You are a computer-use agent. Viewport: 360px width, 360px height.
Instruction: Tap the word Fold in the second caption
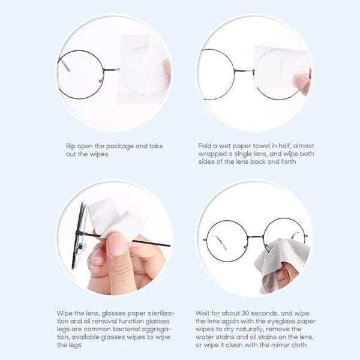pyautogui.click(x=205, y=146)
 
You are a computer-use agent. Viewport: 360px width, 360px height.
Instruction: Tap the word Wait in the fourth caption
pyautogui.click(x=203, y=313)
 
